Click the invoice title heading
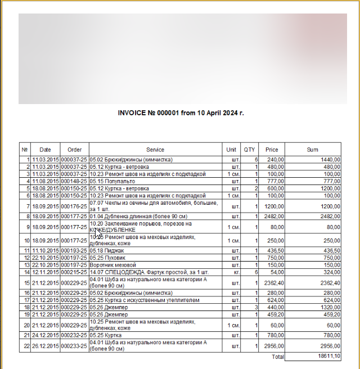click(181, 113)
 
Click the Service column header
click(155, 150)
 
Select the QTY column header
click(249, 150)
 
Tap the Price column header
click(272, 150)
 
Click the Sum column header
click(313, 150)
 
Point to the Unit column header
click(231, 150)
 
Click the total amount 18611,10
click(329, 357)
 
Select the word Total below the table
click(277, 357)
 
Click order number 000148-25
click(74, 182)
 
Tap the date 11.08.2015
click(45, 182)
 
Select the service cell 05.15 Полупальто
click(112, 182)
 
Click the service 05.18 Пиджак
click(105, 250)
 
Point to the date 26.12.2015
click(45, 345)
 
